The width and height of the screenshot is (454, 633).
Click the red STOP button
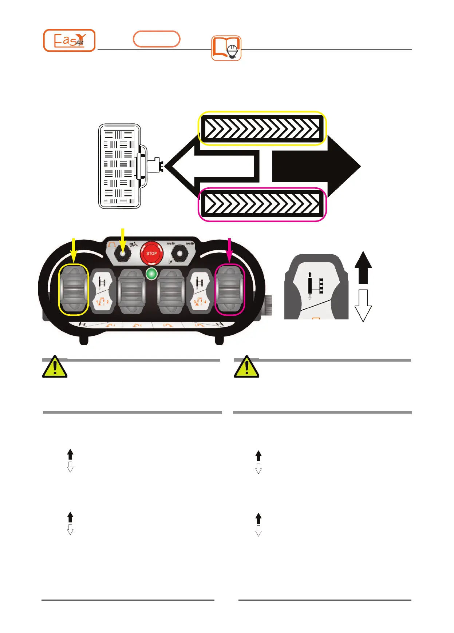151,253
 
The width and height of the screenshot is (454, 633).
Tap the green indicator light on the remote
151,274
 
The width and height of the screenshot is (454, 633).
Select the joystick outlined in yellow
74,289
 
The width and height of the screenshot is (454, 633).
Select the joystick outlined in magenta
229,289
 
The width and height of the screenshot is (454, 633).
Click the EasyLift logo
69,40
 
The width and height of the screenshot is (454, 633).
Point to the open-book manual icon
226,48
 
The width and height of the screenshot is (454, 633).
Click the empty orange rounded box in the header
157,39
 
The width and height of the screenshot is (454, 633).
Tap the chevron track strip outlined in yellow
262,128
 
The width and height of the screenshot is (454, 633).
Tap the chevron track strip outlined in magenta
262,204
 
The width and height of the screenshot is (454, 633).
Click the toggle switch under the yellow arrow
123,254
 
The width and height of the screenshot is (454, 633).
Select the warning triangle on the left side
55,367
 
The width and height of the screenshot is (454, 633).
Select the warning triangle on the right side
246,367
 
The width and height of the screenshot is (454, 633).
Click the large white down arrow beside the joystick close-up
363,305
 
